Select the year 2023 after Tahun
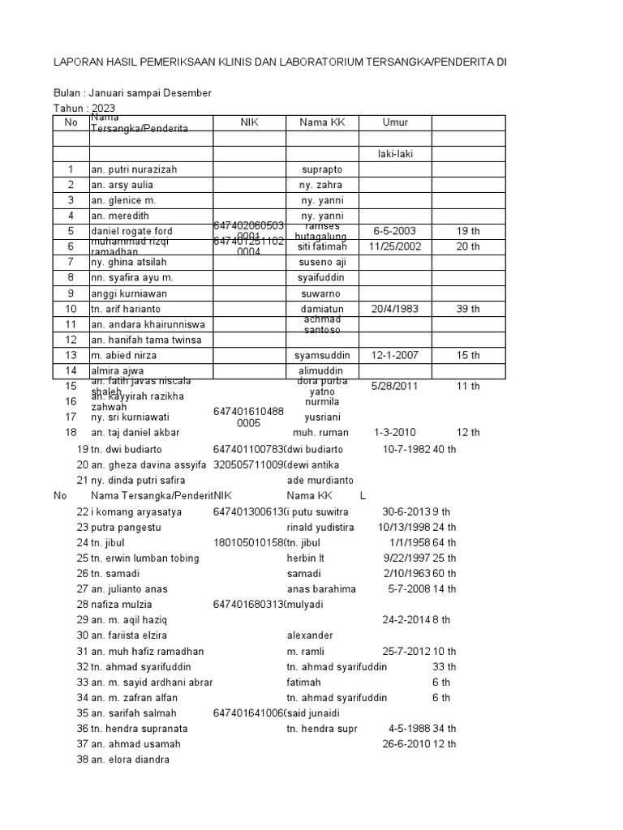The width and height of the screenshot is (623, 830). [104, 108]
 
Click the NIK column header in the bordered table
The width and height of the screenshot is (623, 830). [249, 122]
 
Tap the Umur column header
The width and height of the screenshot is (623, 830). [395, 122]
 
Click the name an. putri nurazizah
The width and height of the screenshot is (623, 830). [133, 169]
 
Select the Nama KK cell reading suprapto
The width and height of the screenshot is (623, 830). [322, 169]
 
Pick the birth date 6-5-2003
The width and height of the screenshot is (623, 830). [395, 231]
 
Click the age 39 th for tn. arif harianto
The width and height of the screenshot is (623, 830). [468, 309]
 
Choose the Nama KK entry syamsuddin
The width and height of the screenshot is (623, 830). [322, 355]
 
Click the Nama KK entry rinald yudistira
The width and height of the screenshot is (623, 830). [320, 527]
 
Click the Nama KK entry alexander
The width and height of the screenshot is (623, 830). [309, 635]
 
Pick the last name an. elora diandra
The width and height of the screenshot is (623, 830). [130, 759]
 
